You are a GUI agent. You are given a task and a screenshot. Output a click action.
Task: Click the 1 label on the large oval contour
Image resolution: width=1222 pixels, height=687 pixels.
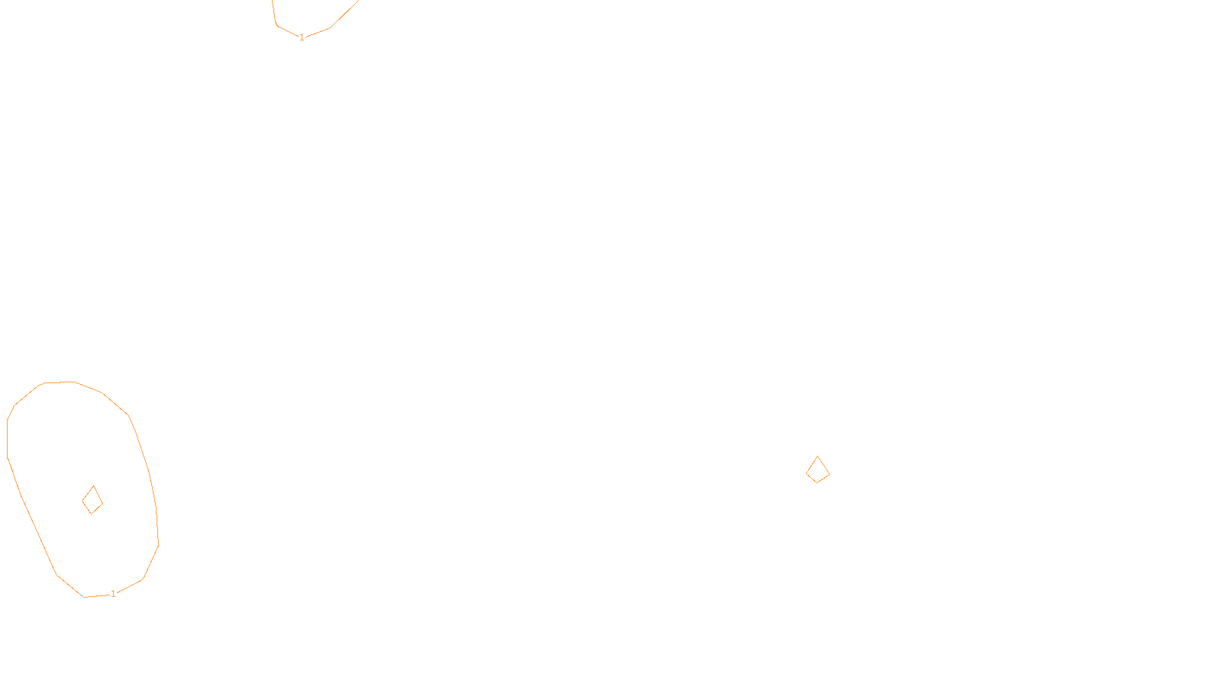113,594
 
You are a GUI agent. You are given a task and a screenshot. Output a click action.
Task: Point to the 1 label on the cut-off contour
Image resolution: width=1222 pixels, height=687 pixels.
302,37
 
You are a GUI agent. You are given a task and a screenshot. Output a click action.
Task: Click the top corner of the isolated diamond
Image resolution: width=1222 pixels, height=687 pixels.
818,456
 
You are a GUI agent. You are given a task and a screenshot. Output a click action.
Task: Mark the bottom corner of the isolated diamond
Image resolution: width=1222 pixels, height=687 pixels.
816,482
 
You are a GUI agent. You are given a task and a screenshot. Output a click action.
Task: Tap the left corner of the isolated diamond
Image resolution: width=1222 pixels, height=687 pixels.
807,473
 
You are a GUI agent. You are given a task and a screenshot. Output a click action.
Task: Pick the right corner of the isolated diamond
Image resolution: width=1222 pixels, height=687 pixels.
829,474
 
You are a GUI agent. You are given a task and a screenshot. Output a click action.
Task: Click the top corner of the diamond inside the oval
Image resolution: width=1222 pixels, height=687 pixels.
94,486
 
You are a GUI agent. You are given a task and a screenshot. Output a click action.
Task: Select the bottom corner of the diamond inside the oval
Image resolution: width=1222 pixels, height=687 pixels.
91,514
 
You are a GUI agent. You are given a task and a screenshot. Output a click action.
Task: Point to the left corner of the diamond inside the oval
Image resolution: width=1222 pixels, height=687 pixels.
82,502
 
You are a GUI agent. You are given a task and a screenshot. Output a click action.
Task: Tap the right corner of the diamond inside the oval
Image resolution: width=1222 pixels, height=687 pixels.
102,502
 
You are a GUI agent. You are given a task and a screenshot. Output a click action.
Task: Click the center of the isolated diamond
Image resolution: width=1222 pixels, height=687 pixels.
817,471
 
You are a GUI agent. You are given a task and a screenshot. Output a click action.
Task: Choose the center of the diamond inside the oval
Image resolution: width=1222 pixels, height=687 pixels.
92,501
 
